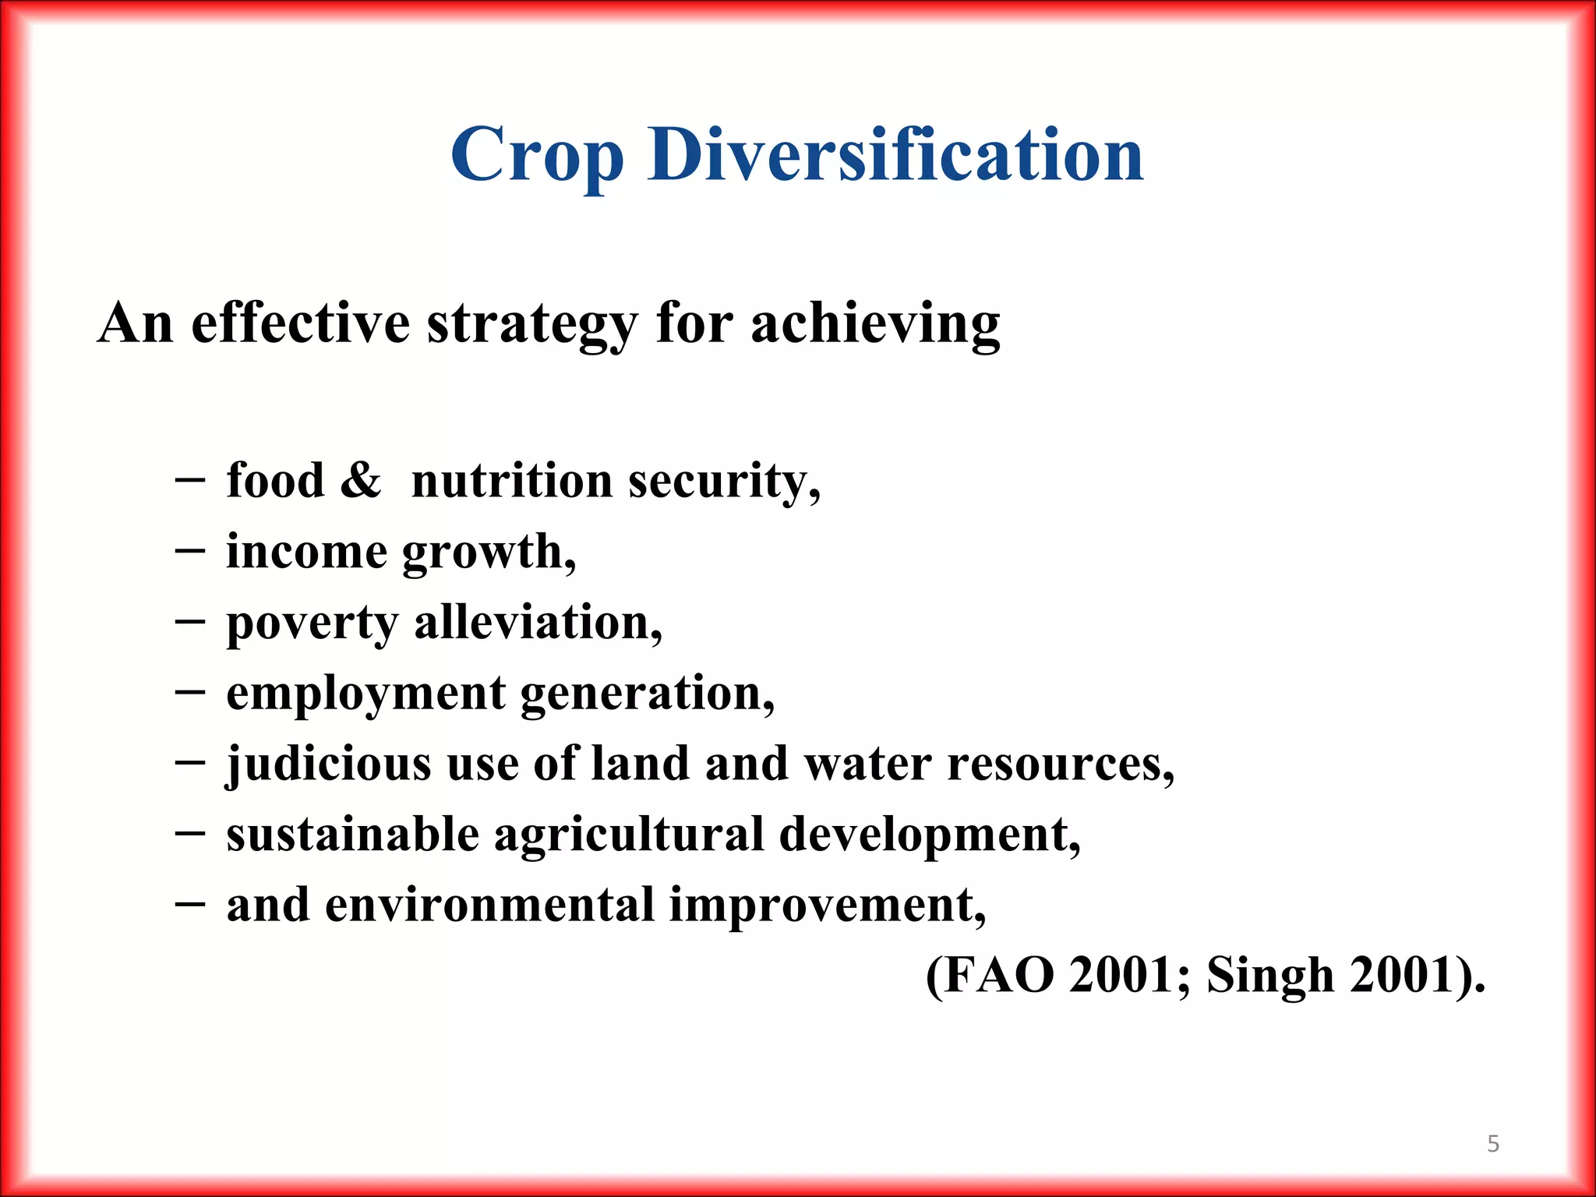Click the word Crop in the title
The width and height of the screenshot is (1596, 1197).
click(x=537, y=156)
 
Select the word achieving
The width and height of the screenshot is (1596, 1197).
click(x=875, y=323)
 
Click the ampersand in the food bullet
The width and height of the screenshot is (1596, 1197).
click(x=360, y=480)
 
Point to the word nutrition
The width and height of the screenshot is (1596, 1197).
click(x=511, y=480)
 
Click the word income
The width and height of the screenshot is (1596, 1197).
click(x=306, y=552)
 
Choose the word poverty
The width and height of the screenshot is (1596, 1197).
click(x=312, y=623)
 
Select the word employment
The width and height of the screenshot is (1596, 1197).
click(x=365, y=694)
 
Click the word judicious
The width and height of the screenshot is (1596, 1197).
click(x=328, y=764)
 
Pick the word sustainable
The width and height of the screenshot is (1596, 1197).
click(x=352, y=835)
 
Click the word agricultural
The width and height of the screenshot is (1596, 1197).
click(x=629, y=835)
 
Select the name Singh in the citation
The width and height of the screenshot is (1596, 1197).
click(x=1270, y=975)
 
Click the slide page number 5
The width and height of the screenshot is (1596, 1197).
click(x=1493, y=1144)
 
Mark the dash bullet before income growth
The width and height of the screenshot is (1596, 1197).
click(x=190, y=551)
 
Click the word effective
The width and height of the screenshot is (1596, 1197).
click(x=300, y=323)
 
